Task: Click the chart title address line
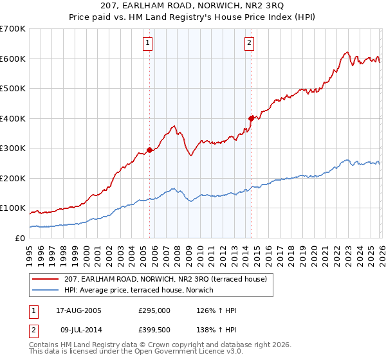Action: point(192,6)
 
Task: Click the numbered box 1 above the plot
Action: point(148,43)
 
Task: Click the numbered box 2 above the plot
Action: point(249,43)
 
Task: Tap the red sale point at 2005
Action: point(149,150)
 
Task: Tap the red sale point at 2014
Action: point(251,118)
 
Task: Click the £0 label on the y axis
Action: point(19,238)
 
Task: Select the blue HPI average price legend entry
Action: point(142,290)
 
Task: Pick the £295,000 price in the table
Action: point(154,310)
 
